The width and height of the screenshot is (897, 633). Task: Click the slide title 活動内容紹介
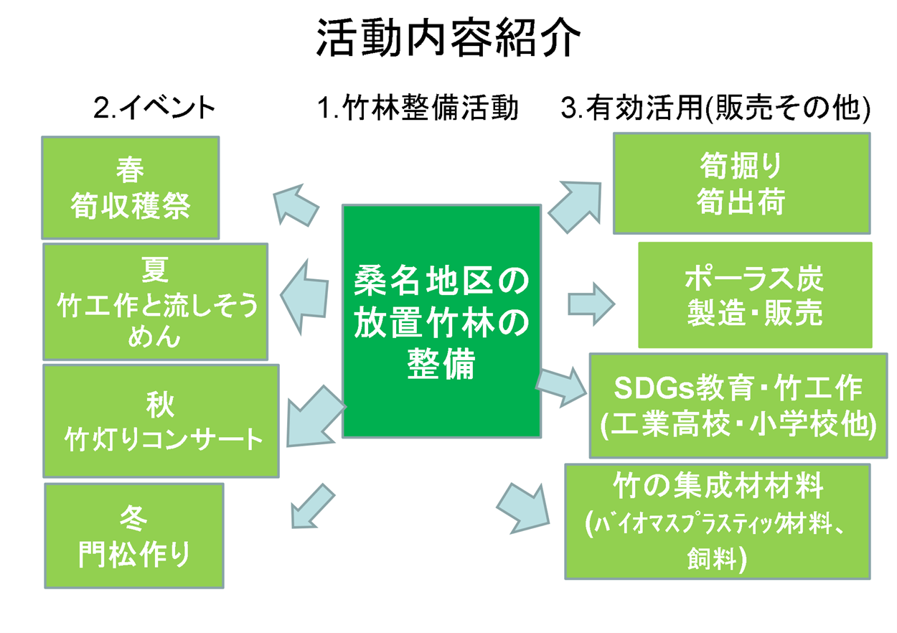[448, 38]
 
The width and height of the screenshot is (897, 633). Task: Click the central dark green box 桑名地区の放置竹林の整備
[441, 322]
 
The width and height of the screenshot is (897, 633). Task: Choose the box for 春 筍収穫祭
[131, 188]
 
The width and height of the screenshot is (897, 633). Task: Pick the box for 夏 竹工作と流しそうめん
[155, 301]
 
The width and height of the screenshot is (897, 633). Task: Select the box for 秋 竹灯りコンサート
[161, 421]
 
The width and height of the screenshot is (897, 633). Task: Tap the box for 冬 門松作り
[134, 535]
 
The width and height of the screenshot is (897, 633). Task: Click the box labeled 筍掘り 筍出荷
[741, 184]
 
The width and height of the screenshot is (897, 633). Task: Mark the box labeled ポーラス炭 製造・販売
[755, 295]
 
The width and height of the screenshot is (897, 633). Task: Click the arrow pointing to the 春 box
[296, 204]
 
